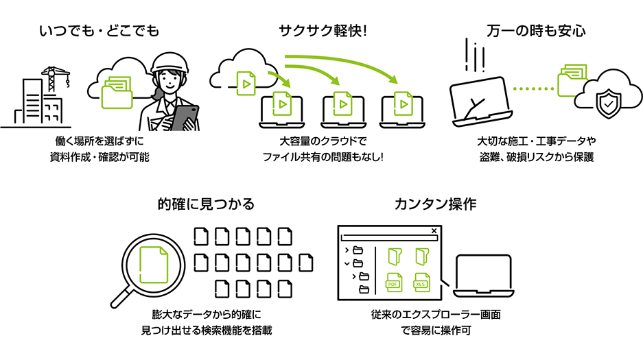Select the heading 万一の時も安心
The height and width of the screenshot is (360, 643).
point(536,31)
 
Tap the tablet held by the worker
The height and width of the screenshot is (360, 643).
point(184,117)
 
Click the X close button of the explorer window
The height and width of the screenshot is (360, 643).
point(434,231)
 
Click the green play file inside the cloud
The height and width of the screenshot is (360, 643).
point(244,83)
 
